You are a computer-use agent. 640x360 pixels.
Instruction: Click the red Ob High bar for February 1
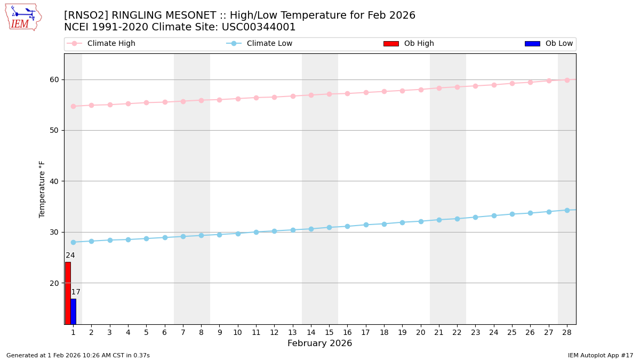[x=68, y=293]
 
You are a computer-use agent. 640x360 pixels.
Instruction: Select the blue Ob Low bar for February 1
[x=73, y=311]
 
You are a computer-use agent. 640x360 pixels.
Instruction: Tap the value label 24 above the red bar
[x=70, y=255]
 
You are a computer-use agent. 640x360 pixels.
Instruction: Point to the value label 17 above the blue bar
[x=76, y=292]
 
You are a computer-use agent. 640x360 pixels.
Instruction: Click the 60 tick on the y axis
[x=54, y=79]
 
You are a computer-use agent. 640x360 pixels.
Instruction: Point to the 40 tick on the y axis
[x=54, y=181]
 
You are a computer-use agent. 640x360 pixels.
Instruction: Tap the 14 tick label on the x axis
[x=311, y=332]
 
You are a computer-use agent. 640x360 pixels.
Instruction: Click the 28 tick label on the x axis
[x=567, y=332]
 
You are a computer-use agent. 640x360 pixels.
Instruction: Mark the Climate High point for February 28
[x=567, y=80]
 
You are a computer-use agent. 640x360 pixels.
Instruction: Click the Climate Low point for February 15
[x=329, y=227]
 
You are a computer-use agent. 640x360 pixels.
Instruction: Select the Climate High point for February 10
[x=238, y=99]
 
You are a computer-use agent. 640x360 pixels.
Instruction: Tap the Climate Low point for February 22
[x=457, y=219]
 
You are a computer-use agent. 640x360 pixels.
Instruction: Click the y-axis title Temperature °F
[x=42, y=189]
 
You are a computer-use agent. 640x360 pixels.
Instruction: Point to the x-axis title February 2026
[x=319, y=343]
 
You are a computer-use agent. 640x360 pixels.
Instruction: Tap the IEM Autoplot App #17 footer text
[x=600, y=355]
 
